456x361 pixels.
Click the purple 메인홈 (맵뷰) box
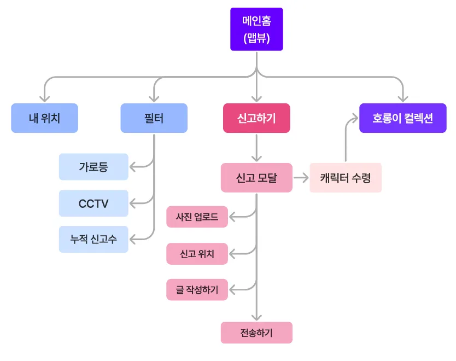point(256,29)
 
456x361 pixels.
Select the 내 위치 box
point(44,118)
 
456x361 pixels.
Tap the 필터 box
point(154,118)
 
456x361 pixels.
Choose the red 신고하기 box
point(256,118)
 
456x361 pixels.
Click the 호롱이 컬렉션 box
point(403,118)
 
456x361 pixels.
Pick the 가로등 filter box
point(93,167)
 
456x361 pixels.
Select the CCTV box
point(93,203)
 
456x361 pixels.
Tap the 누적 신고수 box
point(93,239)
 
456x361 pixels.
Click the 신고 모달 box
point(256,178)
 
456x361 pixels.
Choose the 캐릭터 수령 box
point(346,178)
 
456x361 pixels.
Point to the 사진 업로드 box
point(197,217)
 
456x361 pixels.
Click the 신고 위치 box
point(197,254)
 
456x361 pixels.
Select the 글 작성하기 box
point(197,290)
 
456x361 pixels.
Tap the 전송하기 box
point(256,333)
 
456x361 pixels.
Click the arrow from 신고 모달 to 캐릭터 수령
point(301,178)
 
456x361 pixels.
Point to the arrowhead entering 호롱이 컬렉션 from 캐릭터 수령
point(355,118)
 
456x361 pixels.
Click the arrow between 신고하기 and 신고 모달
point(256,148)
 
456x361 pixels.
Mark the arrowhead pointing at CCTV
point(133,203)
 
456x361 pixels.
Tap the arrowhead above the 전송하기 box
point(256,317)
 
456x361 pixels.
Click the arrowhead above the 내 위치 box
point(44,98)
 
